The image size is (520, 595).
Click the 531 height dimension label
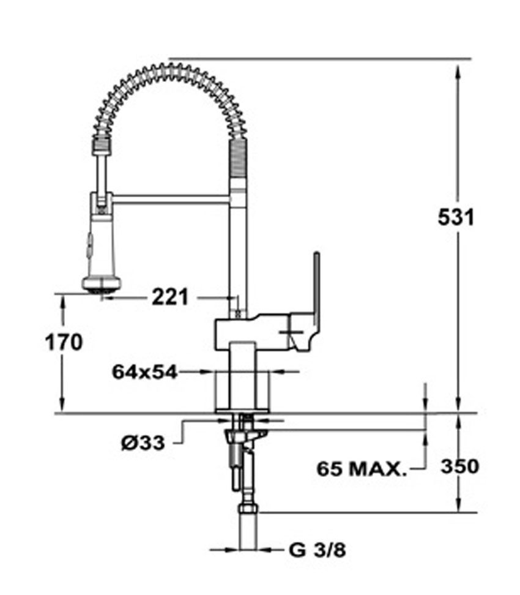coord(456,217)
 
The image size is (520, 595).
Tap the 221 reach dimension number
coord(170,297)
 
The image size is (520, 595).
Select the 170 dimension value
coord(64,342)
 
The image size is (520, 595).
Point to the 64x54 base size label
coord(144,372)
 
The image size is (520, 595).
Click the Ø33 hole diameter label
coord(143,443)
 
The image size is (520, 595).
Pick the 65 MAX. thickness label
coord(362,469)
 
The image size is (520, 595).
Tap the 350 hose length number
coord(459,466)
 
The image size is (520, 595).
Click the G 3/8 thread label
coord(317,550)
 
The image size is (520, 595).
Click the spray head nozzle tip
coord(102,291)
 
